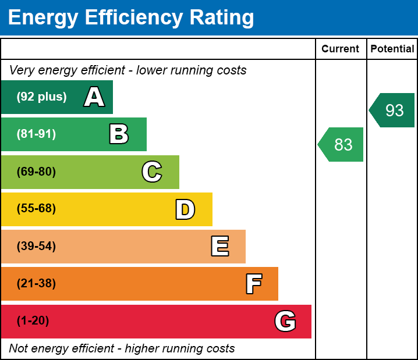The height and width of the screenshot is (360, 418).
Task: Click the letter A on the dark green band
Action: [94, 97]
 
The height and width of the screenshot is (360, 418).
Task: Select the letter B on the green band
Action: [119, 134]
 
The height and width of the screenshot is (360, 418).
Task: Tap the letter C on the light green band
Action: [151, 172]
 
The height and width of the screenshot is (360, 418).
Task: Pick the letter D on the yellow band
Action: [185, 209]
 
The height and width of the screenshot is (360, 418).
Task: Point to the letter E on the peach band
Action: [219, 247]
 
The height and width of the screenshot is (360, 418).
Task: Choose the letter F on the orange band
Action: [253, 284]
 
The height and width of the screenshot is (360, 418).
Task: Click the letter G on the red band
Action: [285, 321]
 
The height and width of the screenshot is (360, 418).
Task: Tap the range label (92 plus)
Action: [41, 97]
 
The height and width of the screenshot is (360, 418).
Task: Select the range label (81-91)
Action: [36, 134]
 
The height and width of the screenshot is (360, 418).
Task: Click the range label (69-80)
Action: [36, 172]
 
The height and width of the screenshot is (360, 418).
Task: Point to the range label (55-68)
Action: [36, 209]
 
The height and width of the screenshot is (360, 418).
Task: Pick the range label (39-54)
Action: [36, 247]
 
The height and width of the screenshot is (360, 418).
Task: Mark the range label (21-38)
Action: [36, 284]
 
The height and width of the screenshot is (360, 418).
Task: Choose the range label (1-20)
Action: [33, 321]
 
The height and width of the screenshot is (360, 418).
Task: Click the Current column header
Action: [341, 49]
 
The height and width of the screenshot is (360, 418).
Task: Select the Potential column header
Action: [392, 49]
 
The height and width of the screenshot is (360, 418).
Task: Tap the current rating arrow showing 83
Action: [342, 144]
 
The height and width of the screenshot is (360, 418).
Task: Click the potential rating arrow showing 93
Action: [393, 110]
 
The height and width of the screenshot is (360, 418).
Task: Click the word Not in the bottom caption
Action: [19, 348]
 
